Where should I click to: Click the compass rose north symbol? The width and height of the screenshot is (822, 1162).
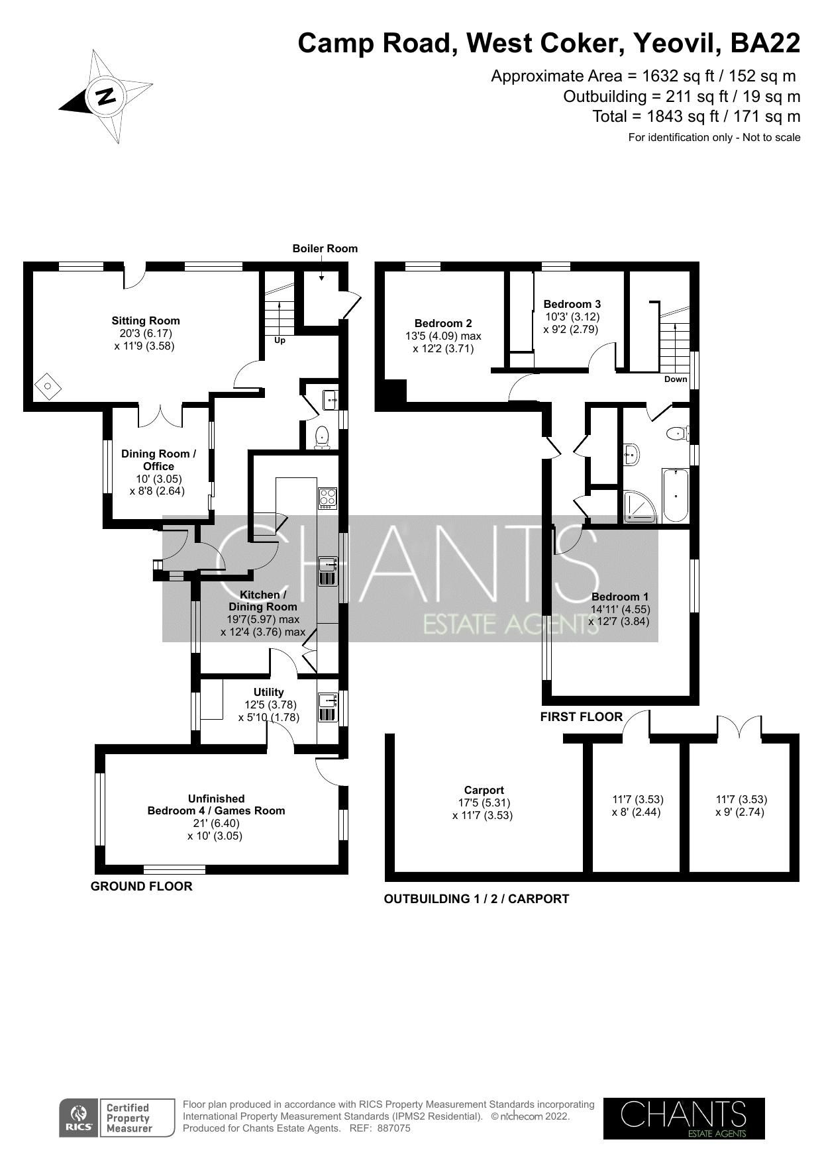pyautogui.click(x=106, y=97)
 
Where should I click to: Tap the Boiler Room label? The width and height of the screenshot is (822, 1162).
pyautogui.click(x=325, y=248)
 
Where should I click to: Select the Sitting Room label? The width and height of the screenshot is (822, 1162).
pyautogui.click(x=145, y=320)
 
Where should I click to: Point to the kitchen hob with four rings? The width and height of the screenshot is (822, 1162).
pyautogui.click(x=328, y=497)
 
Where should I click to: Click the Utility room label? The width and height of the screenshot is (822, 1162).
pyautogui.click(x=268, y=692)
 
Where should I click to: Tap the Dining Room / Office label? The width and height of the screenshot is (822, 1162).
pyautogui.click(x=158, y=460)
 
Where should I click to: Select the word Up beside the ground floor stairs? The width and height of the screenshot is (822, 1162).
pyautogui.click(x=280, y=340)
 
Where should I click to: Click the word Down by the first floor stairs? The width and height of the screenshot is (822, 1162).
pyautogui.click(x=676, y=379)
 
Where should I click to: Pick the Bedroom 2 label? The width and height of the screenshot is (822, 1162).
pyautogui.click(x=443, y=323)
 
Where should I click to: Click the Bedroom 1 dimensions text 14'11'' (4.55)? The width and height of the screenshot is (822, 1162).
pyautogui.click(x=620, y=609)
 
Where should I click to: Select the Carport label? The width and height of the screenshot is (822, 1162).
pyautogui.click(x=484, y=790)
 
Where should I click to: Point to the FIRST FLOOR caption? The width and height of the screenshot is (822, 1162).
pyautogui.click(x=581, y=716)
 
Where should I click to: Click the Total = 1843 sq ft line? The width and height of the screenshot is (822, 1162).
pyautogui.click(x=695, y=117)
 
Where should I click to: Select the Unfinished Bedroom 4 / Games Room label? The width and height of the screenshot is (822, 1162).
pyautogui.click(x=216, y=804)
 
